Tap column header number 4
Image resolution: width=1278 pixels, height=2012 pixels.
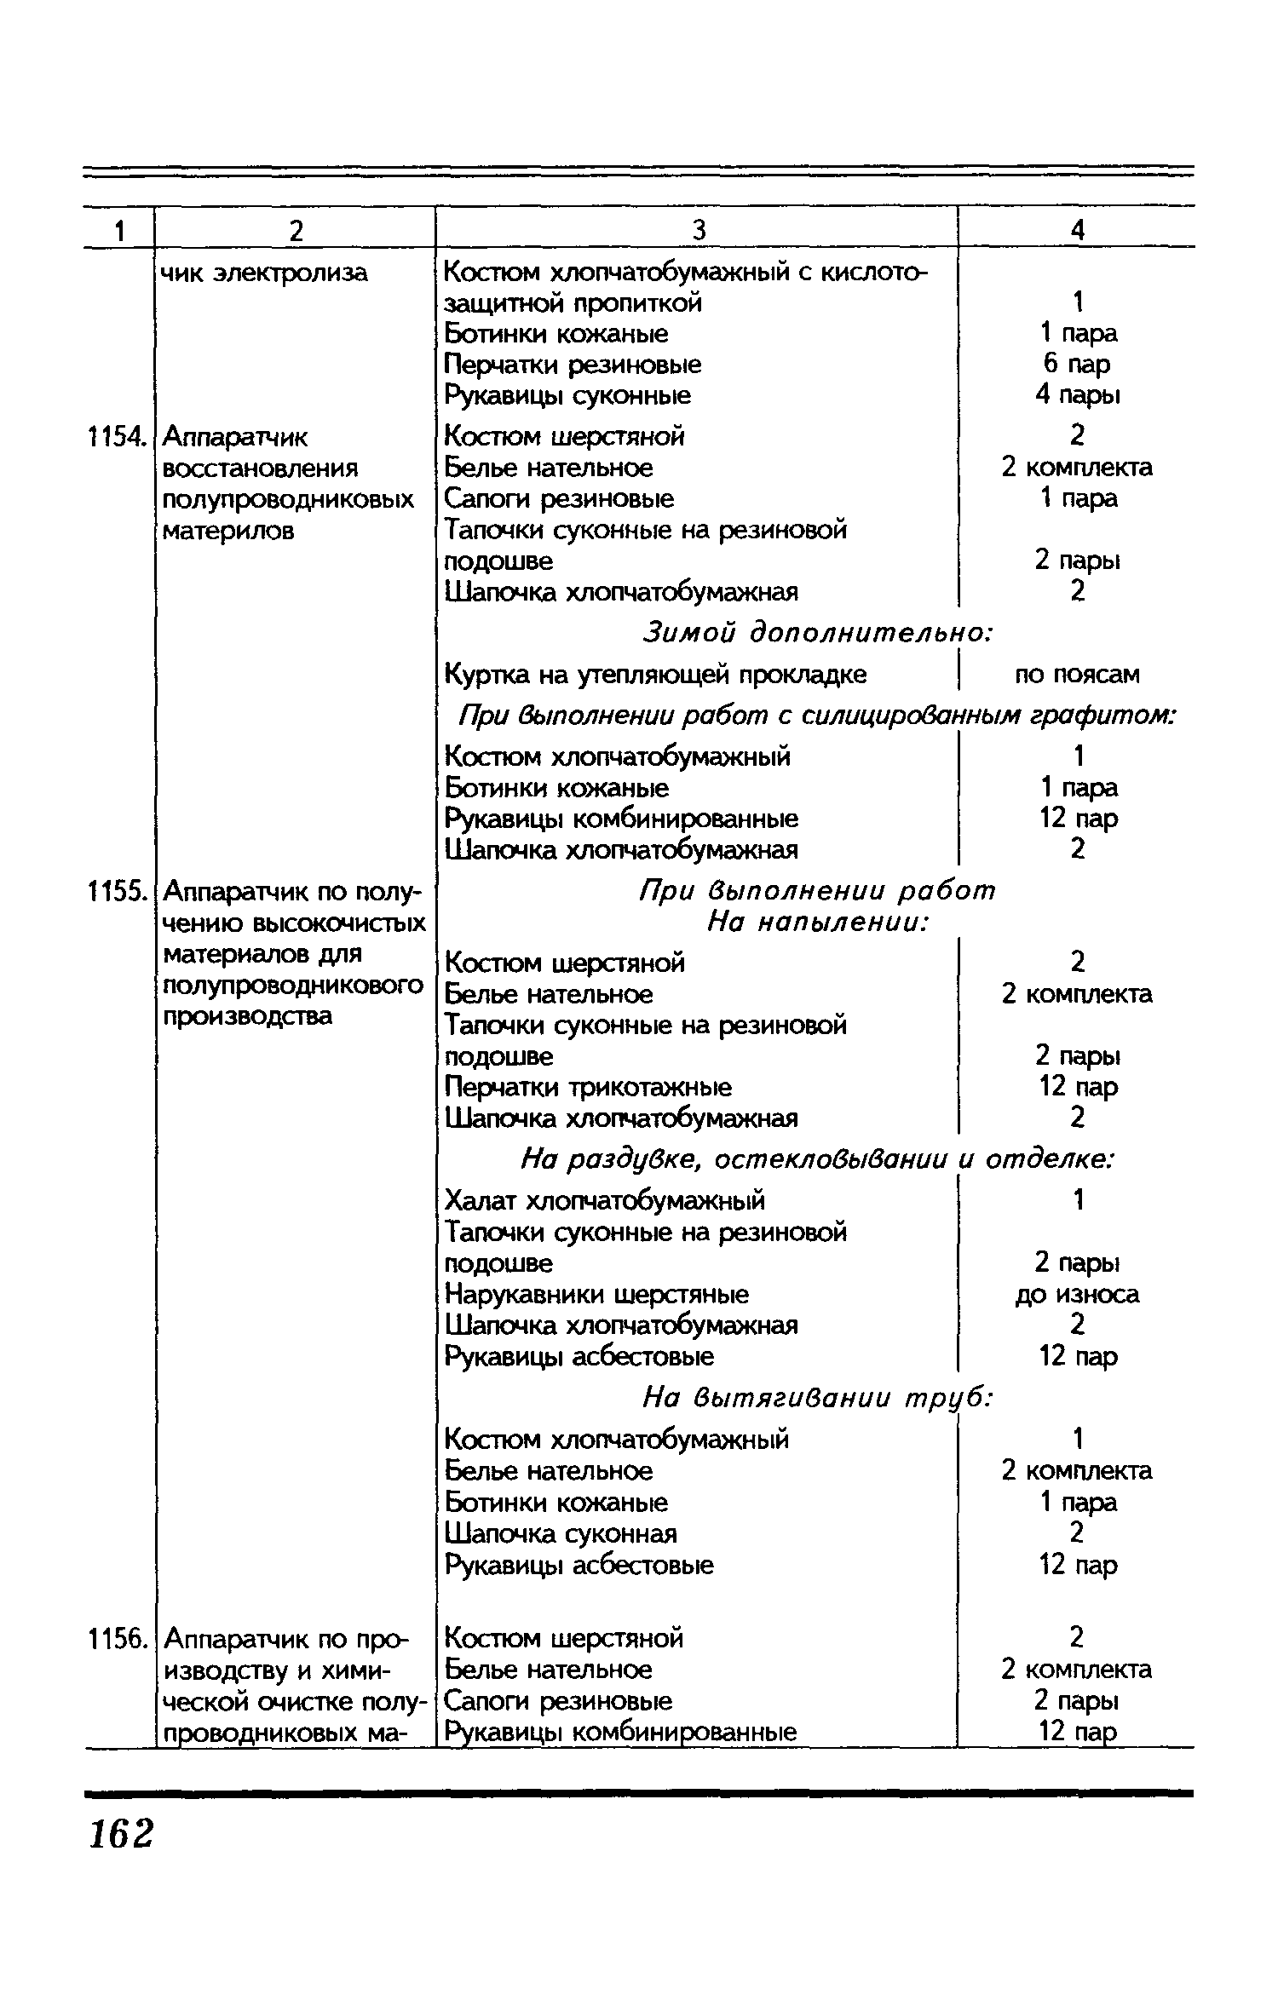click(1077, 230)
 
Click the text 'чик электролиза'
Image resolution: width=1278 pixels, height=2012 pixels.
click(265, 273)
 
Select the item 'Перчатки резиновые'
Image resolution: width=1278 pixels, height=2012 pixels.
click(573, 365)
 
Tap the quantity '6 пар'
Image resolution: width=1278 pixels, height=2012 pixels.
click(1077, 364)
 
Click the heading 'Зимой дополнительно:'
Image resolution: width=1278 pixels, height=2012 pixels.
click(817, 632)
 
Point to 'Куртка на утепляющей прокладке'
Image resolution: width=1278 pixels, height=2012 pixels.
click(655, 675)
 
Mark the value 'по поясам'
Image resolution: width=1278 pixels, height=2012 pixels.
click(1077, 675)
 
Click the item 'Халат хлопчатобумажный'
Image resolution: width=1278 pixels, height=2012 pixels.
click(605, 1200)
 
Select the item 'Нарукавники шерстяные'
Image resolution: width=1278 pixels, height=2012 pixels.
click(596, 1294)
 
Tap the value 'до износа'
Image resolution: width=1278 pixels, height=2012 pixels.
click(1077, 1294)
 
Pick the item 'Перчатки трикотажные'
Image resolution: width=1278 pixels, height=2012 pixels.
click(588, 1087)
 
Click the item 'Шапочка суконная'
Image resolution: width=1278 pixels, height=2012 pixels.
click(561, 1533)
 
